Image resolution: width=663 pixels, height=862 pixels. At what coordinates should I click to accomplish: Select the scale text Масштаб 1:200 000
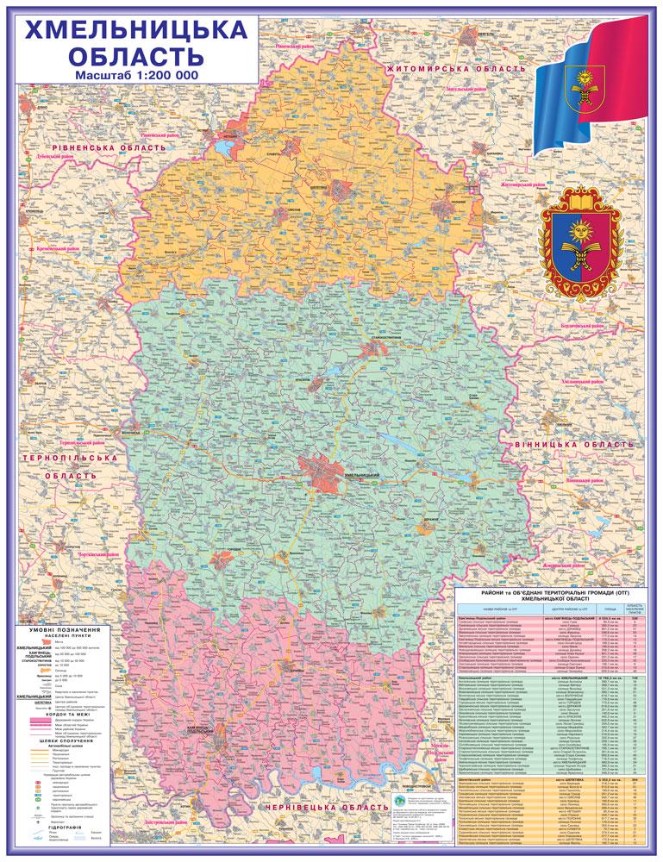point(136,75)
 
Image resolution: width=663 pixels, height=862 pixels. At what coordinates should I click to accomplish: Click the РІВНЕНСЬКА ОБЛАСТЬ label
point(103,148)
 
